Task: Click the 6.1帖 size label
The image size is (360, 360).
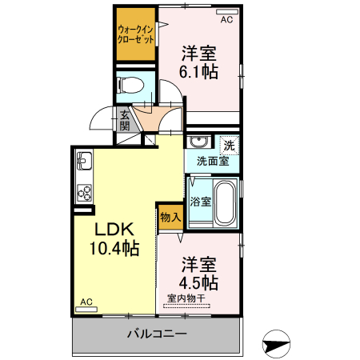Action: (x=199, y=72)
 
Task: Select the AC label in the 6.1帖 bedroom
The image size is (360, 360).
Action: (x=226, y=18)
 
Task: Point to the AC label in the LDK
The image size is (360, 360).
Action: (x=86, y=302)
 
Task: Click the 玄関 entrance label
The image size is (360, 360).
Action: (x=125, y=121)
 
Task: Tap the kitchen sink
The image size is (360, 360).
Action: (x=84, y=166)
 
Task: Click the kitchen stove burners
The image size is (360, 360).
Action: (x=84, y=193)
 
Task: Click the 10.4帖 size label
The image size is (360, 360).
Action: (x=113, y=248)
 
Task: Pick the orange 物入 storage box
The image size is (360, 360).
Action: (x=170, y=217)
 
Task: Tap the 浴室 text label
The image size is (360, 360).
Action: (x=201, y=202)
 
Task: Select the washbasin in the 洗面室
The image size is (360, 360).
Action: (x=198, y=143)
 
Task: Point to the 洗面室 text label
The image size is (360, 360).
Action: (x=213, y=161)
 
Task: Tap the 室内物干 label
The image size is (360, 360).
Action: (x=186, y=299)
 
